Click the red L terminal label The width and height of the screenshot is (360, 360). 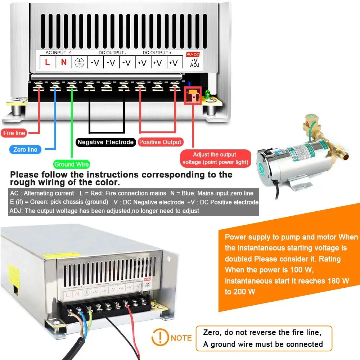click(x=47, y=62)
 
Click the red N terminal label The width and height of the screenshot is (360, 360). click(x=64, y=62)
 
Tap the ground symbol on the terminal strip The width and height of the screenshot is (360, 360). click(x=79, y=63)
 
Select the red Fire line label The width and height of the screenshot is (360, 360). click(x=14, y=133)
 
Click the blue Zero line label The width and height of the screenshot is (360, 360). click(x=25, y=149)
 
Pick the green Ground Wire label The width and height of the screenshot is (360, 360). click(x=72, y=165)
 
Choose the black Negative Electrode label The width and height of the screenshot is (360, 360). click(x=105, y=142)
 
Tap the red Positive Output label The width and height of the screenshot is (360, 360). click(x=160, y=142)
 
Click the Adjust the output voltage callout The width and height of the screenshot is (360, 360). click(x=215, y=158)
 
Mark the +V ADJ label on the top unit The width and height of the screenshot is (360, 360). click(x=195, y=63)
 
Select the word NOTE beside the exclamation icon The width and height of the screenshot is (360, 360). click(x=181, y=338)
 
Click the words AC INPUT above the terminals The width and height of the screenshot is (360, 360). click(x=56, y=53)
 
